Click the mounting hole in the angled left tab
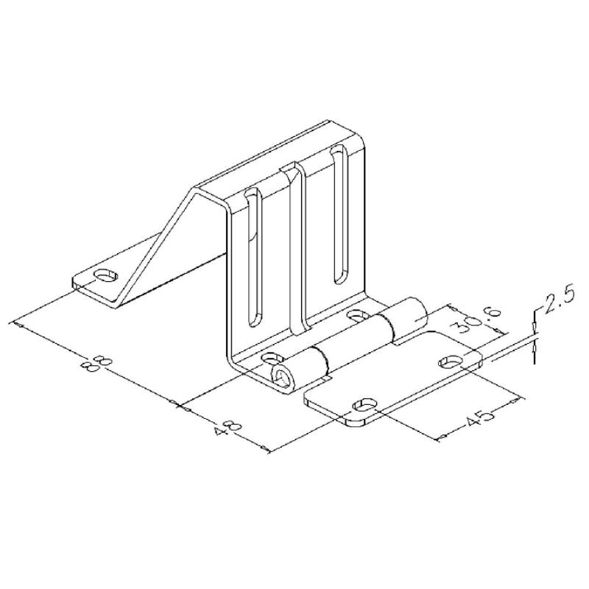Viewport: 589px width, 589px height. pyautogui.click(x=106, y=276)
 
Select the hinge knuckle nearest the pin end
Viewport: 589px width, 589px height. pyautogui.click(x=302, y=369)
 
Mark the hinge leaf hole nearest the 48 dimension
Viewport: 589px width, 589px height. pyautogui.click(x=364, y=406)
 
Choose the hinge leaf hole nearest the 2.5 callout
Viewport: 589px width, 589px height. pyautogui.click(x=451, y=361)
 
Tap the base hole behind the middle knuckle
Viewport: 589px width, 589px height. pyautogui.click(x=357, y=316)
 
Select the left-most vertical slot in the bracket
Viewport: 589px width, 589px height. pyautogui.click(x=252, y=258)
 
